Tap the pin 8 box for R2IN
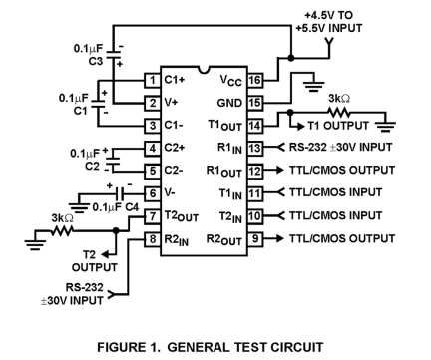click(153, 239)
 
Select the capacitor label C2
click(93, 167)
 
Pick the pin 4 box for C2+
click(153, 149)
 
